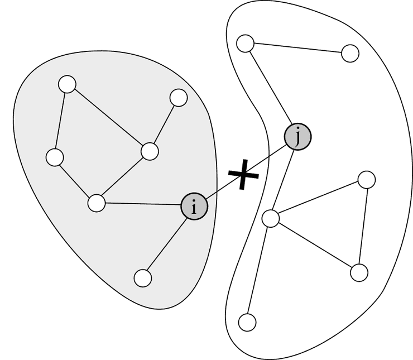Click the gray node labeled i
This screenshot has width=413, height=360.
[194, 207]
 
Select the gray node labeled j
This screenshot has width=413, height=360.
[297, 137]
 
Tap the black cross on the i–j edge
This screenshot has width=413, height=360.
[243, 174]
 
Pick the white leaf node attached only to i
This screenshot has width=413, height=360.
[143, 278]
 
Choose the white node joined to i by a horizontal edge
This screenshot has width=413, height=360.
[97, 203]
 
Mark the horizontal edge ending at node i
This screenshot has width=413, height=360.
[143, 204]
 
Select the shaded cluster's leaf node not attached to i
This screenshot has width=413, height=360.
[179, 98]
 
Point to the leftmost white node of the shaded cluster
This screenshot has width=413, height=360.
[55, 157]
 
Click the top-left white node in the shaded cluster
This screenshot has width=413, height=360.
[67, 84]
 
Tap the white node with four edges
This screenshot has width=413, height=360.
[271, 218]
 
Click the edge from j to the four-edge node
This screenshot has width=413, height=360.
[283, 180]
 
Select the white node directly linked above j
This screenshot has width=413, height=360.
[245, 43]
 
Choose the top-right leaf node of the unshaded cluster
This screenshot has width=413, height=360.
[350, 53]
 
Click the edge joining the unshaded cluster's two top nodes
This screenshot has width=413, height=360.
[297, 48]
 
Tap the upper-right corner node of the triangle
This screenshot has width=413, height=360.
[367, 180]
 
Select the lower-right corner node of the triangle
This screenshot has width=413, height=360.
[359, 272]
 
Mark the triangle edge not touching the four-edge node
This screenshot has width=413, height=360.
[363, 226]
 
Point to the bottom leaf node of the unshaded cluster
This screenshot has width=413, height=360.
[247, 323]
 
